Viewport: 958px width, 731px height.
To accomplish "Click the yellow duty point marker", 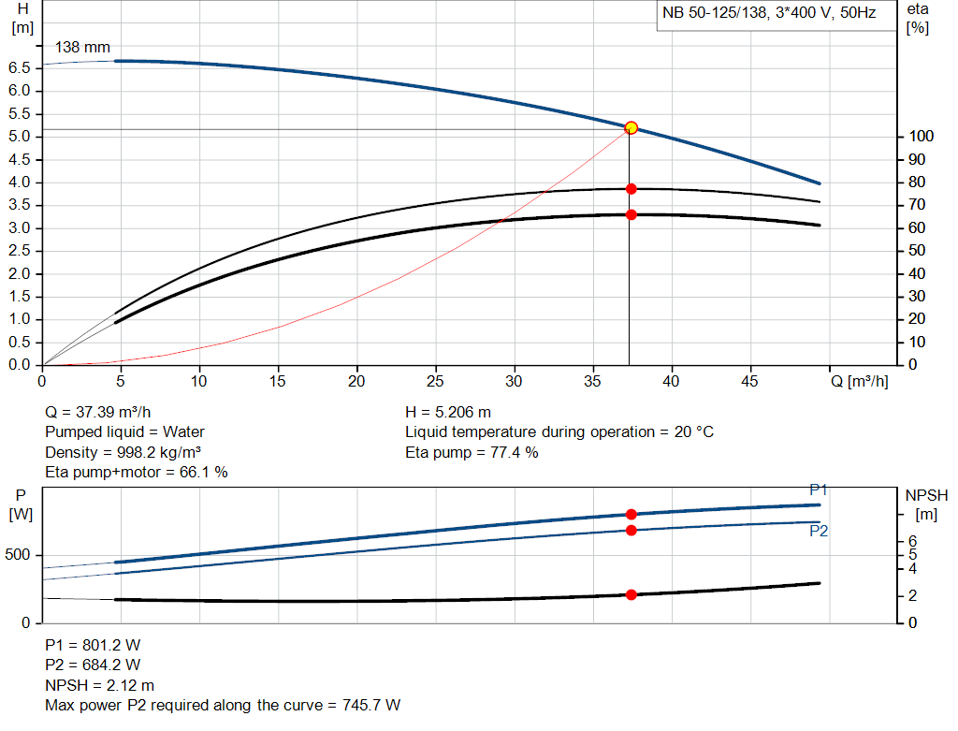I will click(x=631, y=127).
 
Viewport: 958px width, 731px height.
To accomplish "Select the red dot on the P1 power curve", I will click(x=631, y=514).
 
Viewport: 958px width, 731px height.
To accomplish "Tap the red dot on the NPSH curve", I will click(x=631, y=594).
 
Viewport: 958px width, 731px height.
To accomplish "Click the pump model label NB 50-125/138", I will click(x=716, y=15).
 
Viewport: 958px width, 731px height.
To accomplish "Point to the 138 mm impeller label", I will click(x=82, y=47).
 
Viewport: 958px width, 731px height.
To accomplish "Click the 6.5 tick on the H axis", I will click(x=19, y=67).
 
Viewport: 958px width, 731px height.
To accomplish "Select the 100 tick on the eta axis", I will click(x=921, y=137).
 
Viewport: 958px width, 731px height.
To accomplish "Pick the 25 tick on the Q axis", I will click(x=434, y=382).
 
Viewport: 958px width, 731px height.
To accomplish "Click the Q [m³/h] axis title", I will click(x=860, y=382).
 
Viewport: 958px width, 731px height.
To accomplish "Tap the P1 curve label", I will click(x=819, y=490).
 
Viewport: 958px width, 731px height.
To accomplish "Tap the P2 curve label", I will click(x=819, y=531).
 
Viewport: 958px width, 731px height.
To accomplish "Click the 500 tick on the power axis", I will click(x=21, y=555).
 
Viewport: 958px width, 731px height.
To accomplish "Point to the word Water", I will click(x=183, y=431).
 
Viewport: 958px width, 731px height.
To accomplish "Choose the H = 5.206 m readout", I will click(x=448, y=411).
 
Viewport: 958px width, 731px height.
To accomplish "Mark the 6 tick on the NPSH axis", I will click(x=913, y=541).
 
